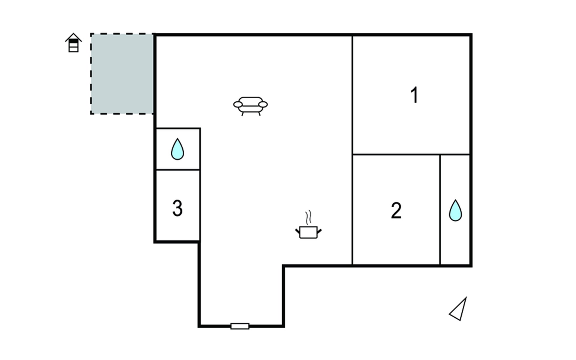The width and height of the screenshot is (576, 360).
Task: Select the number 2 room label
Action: click(396, 210)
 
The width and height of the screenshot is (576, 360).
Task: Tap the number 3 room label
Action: click(177, 208)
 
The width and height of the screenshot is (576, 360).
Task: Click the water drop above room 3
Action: click(177, 149)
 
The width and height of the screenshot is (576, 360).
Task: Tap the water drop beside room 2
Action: click(455, 211)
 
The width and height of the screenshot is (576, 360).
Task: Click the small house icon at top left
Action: click(73, 43)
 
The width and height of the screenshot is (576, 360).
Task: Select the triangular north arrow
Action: click(459, 310)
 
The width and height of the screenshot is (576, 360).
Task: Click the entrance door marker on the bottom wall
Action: click(240, 326)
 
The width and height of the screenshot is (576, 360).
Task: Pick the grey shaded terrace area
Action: click(122, 74)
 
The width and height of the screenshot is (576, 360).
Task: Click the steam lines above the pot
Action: click(308, 217)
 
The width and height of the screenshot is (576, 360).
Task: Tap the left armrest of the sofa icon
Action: click(238, 104)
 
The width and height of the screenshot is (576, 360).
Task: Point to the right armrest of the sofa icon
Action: click(263, 104)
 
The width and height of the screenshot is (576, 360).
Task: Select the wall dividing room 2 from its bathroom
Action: click(440, 210)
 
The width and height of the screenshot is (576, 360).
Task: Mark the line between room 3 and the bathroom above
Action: click(178, 170)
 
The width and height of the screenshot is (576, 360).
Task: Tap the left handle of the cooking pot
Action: click(298, 231)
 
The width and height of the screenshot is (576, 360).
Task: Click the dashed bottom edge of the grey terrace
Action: click(122, 114)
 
